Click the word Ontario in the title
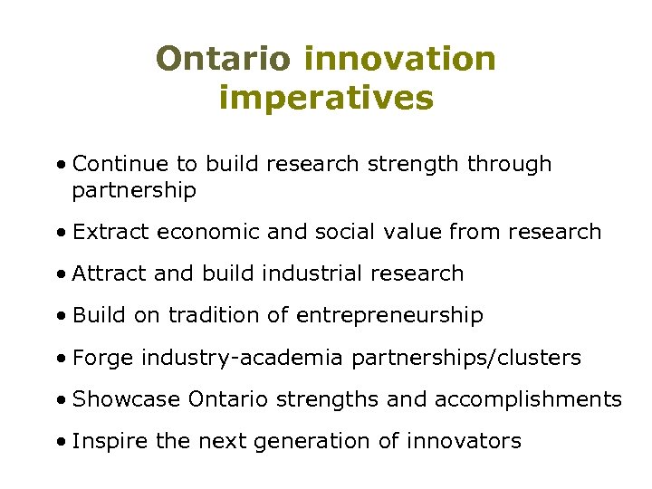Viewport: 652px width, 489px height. pos(223,59)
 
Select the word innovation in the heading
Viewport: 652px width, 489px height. pos(400,59)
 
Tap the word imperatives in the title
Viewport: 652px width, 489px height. pos(326,98)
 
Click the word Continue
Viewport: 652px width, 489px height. pos(121,164)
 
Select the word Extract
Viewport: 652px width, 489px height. pos(111,232)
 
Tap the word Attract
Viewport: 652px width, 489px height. pos(110,273)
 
